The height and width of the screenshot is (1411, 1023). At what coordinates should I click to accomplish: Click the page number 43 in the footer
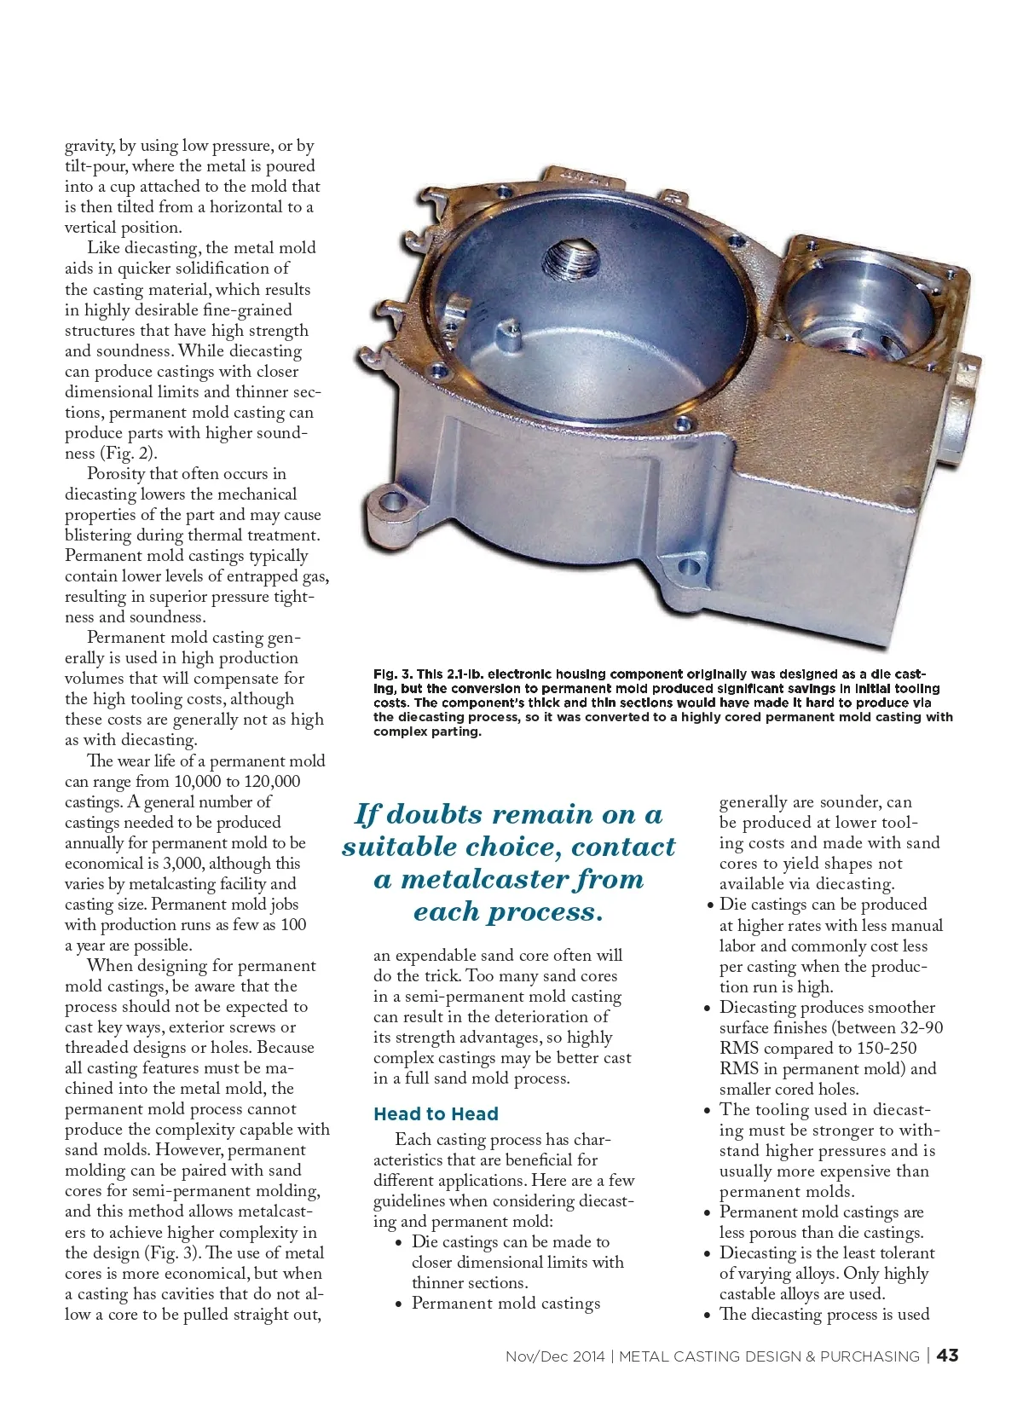click(947, 1356)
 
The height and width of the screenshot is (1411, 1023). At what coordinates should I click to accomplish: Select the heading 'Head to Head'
click(436, 1113)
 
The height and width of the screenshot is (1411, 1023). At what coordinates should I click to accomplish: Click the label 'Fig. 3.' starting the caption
click(392, 674)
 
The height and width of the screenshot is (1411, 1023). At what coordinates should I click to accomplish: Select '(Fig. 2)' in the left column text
click(128, 454)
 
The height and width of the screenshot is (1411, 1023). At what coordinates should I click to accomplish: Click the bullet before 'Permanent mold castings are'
click(708, 1212)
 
